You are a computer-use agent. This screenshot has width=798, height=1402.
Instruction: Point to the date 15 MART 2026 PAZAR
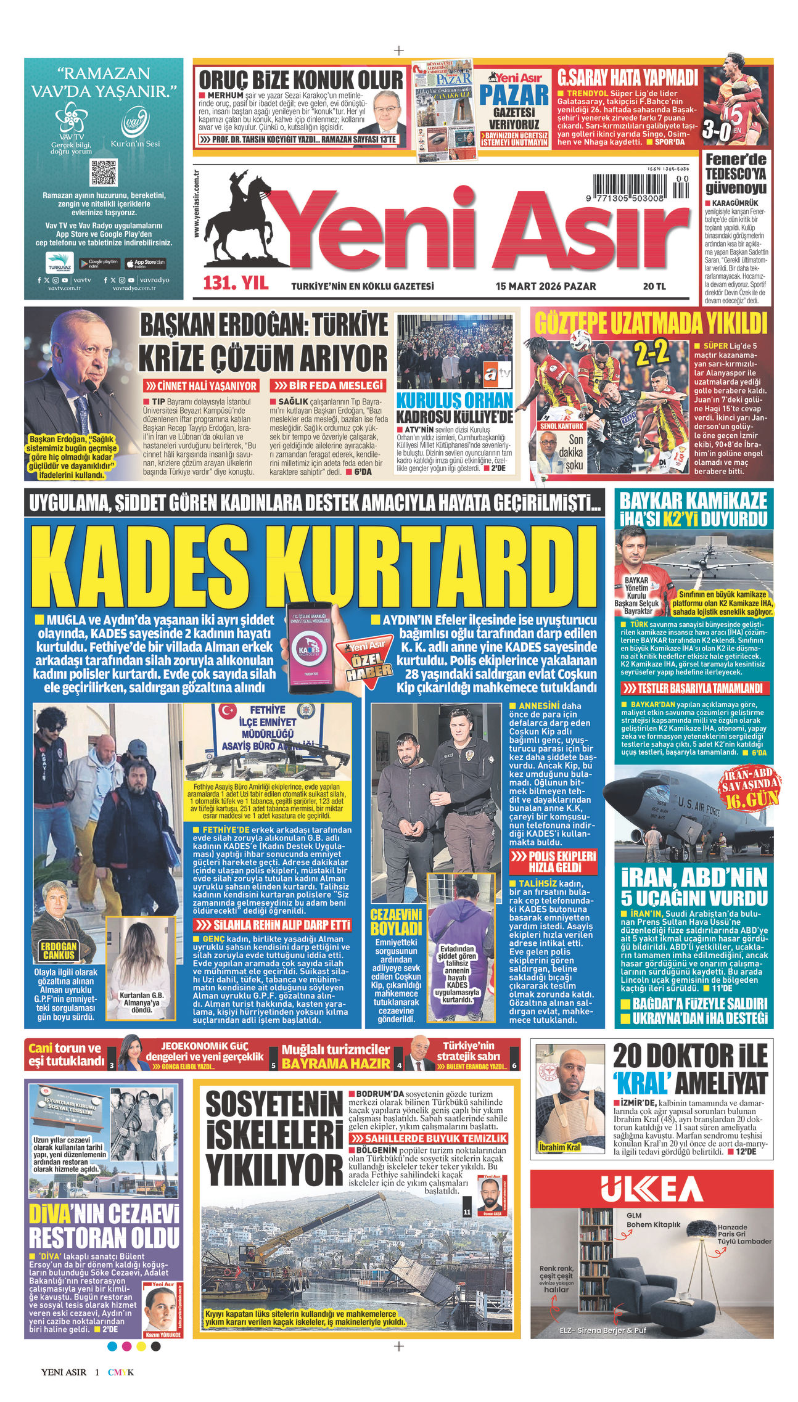(x=546, y=286)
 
